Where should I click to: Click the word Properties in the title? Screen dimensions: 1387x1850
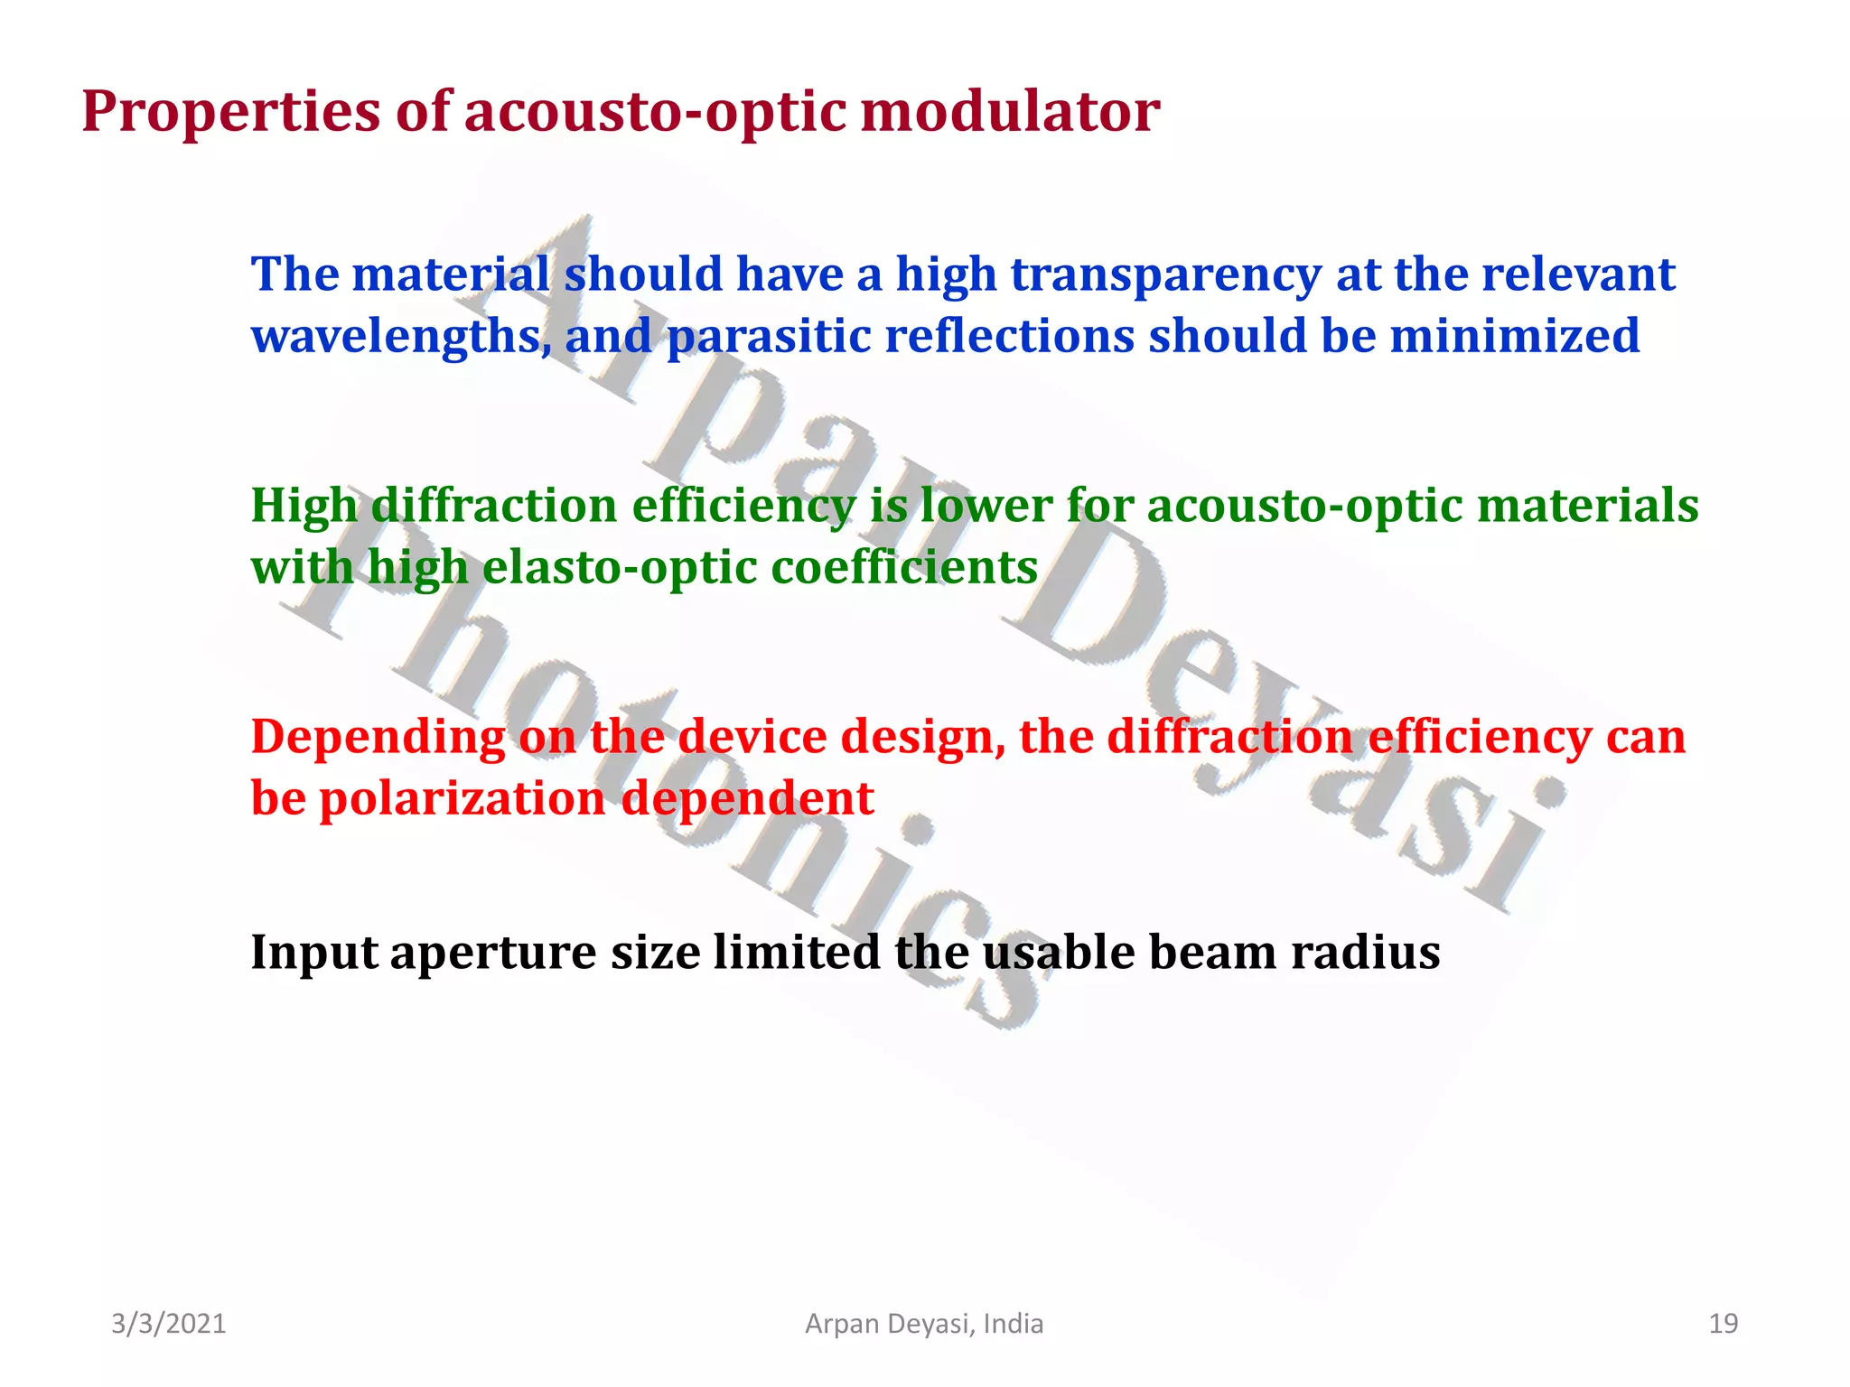pyautogui.click(x=231, y=113)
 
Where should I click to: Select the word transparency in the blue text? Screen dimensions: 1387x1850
pyautogui.click(x=1165, y=275)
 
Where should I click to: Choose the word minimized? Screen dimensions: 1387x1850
pyautogui.click(x=1514, y=336)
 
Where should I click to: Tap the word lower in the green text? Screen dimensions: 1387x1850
pyautogui.click(x=986, y=506)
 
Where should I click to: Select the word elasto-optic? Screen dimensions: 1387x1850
pyautogui.click(x=619, y=568)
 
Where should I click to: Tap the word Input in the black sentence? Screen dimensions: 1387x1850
pyautogui.click(x=313, y=954)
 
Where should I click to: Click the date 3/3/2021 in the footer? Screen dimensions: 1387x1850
pyautogui.click(x=169, y=1324)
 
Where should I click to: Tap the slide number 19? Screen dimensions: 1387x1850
pyautogui.click(x=1723, y=1324)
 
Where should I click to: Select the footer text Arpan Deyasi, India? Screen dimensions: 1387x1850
pyautogui.click(x=924, y=1324)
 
